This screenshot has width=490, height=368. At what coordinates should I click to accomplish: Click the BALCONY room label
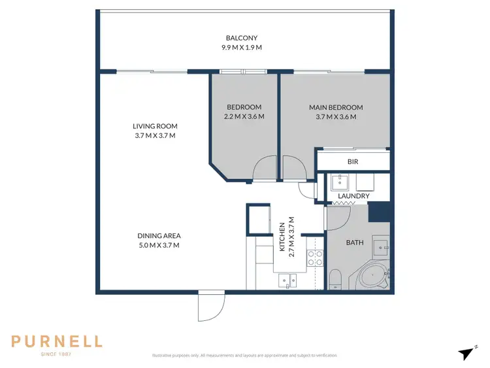coord(244,37)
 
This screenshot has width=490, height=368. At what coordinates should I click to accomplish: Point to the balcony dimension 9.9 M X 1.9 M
coord(244,47)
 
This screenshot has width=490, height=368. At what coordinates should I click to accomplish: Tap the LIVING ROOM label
coord(155,126)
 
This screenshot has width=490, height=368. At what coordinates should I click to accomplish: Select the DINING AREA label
coord(159,236)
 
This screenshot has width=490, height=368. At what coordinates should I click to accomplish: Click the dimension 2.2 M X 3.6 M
coord(244,117)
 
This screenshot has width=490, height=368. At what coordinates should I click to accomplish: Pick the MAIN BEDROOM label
coord(335,107)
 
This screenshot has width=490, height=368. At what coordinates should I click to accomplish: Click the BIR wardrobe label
coord(353,161)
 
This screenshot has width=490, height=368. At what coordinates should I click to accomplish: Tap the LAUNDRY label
coord(353,196)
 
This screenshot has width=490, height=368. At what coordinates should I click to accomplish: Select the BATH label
coord(354,243)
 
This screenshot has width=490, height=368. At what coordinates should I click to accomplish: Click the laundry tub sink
coord(339,181)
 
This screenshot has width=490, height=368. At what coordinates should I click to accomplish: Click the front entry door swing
coord(210,307)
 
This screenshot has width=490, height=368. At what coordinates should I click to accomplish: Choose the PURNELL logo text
coord(57,341)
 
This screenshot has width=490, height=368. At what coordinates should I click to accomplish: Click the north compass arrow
coord(466,354)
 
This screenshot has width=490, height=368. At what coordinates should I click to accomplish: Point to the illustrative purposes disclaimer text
coord(244,356)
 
